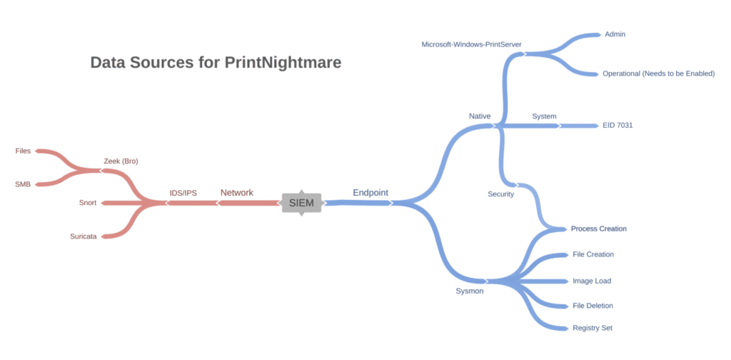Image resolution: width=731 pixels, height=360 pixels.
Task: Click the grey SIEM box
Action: click(301, 203)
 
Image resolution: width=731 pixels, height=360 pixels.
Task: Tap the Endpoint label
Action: click(370, 192)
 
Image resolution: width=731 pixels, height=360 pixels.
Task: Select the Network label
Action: click(236, 192)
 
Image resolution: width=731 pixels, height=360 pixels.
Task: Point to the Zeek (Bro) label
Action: click(121, 161)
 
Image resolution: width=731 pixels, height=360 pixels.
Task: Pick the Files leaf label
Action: click(23, 151)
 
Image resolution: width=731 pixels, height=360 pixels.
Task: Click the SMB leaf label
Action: click(23, 184)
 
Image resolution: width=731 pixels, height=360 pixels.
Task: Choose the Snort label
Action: click(88, 203)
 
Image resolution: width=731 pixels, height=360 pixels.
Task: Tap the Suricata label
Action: click(84, 236)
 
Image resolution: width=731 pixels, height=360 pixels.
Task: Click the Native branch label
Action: click(480, 116)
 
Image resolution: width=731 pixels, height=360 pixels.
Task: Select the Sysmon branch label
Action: click(470, 291)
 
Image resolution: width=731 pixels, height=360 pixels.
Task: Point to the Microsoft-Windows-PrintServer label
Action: click(471, 44)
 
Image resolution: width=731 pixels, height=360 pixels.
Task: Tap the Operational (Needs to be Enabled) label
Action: click(658, 74)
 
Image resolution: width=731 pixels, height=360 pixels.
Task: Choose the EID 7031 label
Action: click(617, 126)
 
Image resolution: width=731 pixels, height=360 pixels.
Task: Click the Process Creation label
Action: click(598, 229)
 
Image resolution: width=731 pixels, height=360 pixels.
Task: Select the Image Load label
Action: click(592, 281)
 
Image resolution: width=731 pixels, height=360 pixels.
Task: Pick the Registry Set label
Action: click(593, 328)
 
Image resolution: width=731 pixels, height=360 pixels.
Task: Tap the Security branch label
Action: click(500, 194)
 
